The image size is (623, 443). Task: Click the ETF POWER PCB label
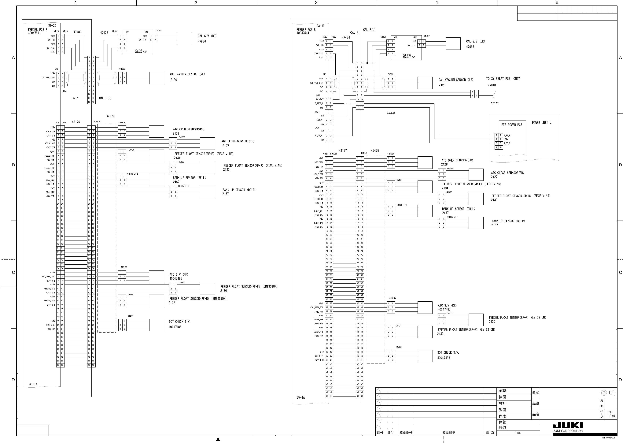click(x=511, y=125)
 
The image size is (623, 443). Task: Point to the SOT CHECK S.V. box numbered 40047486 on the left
click(x=157, y=325)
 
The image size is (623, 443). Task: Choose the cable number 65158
click(x=111, y=116)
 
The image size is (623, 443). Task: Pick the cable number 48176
click(x=76, y=122)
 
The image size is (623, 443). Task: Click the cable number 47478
click(x=391, y=113)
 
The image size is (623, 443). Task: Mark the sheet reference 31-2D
click(x=52, y=26)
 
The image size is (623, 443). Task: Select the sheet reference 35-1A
click(x=300, y=397)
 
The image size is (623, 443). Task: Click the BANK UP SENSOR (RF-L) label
click(x=189, y=178)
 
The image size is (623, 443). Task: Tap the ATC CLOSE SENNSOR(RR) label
click(x=507, y=173)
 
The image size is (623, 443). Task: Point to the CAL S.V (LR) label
click(x=475, y=41)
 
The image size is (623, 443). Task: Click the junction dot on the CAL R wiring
click(x=367, y=63)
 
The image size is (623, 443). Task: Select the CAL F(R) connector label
click(x=105, y=98)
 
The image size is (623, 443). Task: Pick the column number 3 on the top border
click(x=316, y=3)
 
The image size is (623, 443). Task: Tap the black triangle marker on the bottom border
click(x=218, y=439)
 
